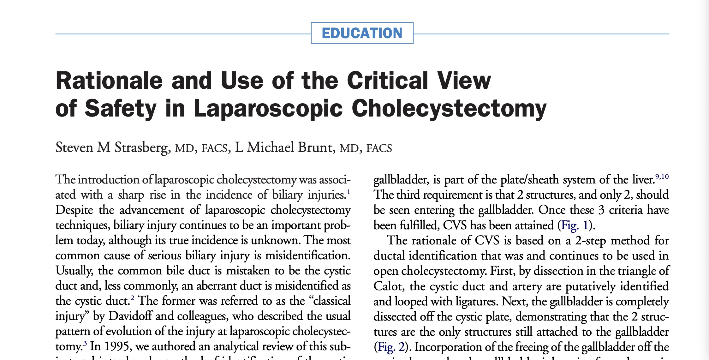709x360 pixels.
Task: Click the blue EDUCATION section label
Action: tap(362, 33)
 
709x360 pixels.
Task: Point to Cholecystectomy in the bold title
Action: tap(449, 108)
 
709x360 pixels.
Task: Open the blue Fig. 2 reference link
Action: tap(391, 347)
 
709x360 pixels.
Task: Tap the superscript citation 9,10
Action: tap(662, 177)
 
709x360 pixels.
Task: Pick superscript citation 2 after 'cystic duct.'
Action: tap(132, 298)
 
